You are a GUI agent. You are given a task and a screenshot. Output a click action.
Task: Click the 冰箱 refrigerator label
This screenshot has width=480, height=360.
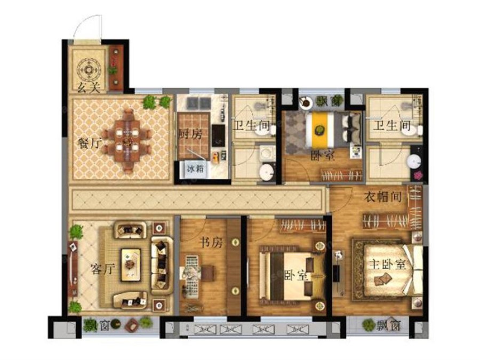click(x=195, y=169)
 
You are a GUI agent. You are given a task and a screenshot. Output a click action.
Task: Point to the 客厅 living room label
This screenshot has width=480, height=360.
click(x=103, y=269)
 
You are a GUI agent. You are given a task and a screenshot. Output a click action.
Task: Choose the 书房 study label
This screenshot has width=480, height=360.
click(x=211, y=243)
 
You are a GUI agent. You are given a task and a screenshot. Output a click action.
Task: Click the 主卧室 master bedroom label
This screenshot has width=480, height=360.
click(x=387, y=264)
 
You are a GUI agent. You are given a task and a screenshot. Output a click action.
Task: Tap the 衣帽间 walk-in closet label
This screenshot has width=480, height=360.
click(x=383, y=197)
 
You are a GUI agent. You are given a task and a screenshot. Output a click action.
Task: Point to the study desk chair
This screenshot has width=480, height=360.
click(x=207, y=273)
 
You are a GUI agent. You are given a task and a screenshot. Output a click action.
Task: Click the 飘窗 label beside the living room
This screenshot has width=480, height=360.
click(x=95, y=326)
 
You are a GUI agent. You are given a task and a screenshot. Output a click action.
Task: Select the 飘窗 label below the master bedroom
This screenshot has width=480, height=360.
click(x=388, y=326)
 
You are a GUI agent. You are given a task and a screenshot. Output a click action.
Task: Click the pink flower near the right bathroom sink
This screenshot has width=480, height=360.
click(x=418, y=175)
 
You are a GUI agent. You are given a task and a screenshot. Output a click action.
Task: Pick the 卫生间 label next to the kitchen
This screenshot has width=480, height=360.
click(x=252, y=125)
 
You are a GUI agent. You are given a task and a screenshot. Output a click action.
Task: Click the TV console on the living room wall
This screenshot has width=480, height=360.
click(x=73, y=269)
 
